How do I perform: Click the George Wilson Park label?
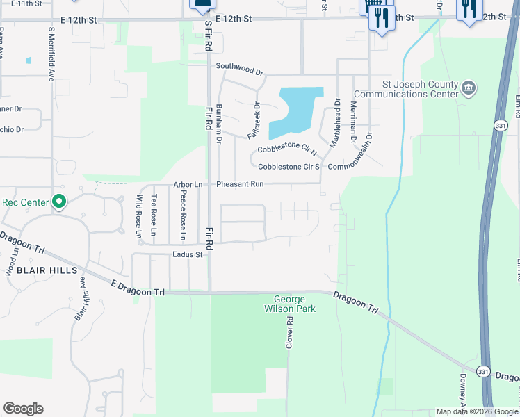(290, 304)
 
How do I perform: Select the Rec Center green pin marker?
(59, 202)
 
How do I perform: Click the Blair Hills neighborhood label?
(47, 270)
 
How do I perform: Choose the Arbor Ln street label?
(188, 184)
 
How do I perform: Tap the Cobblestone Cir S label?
(289, 167)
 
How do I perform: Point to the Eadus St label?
(187, 255)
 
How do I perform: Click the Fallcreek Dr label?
(254, 119)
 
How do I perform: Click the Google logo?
(23, 409)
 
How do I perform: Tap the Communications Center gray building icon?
(469, 88)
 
